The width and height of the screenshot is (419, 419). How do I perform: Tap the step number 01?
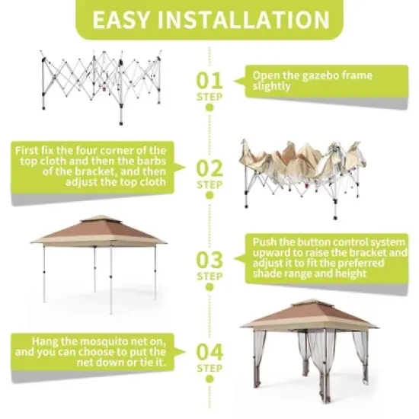pos(209,80)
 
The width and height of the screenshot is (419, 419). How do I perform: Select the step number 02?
pos(209,168)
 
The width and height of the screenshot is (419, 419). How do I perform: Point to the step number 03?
pos(209,260)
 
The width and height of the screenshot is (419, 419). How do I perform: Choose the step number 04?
pos(209,353)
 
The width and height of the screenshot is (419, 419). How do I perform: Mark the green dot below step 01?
pos(209,107)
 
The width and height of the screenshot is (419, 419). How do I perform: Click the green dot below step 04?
pos(209,379)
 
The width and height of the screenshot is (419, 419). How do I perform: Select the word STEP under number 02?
pos(209,184)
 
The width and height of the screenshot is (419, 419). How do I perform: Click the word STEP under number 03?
pos(209,276)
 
